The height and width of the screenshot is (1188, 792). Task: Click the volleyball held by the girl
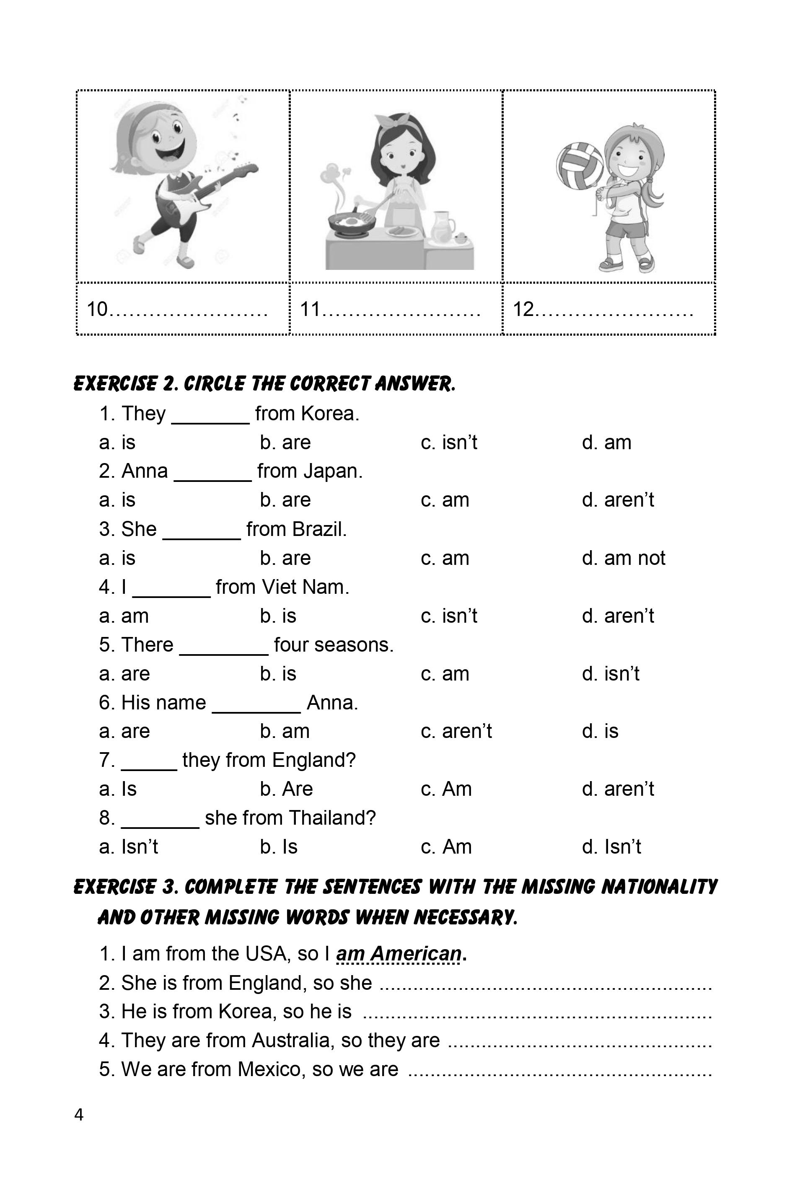tap(580, 165)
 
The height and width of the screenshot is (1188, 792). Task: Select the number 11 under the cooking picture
tap(311, 309)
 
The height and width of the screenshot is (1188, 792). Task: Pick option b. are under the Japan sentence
tap(285, 500)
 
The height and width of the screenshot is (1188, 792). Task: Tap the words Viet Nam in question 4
tap(305, 587)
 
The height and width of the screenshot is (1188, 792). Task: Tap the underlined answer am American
tap(399, 954)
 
